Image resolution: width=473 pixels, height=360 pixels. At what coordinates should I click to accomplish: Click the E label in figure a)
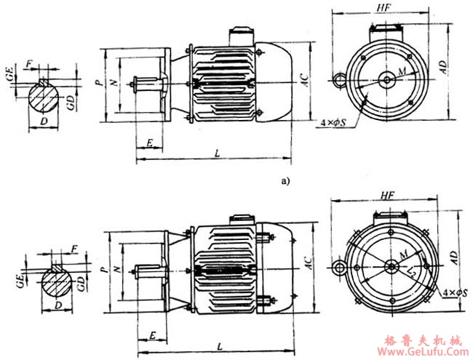pos(149,143)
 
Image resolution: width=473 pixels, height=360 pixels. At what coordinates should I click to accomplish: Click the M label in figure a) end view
pos(401,71)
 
